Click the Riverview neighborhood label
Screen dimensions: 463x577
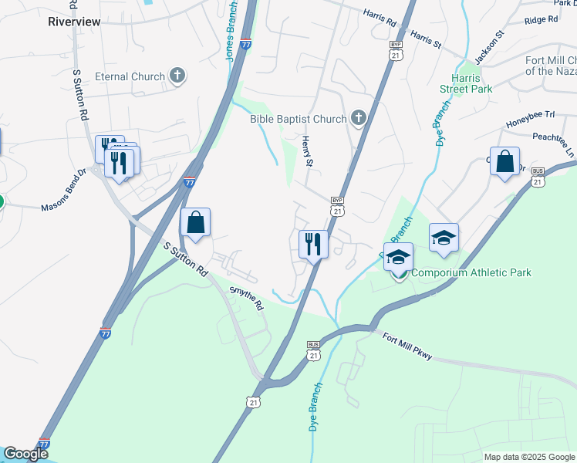[x=74, y=22]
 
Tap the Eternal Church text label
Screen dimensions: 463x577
[x=130, y=76]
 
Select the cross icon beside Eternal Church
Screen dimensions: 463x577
[x=178, y=76]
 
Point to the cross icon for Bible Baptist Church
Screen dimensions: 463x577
[x=358, y=118]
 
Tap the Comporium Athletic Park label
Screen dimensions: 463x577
[x=471, y=272]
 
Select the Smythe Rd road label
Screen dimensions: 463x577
[x=247, y=297]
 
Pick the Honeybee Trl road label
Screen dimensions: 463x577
[x=530, y=116]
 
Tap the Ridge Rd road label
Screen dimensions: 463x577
[x=540, y=20]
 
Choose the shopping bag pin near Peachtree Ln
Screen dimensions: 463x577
[x=504, y=162]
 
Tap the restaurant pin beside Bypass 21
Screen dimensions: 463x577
[x=313, y=245]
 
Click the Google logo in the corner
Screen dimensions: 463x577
[x=25, y=455]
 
